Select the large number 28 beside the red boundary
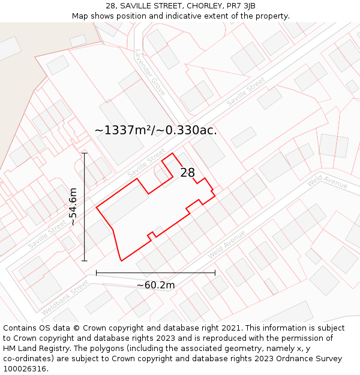(x=188, y=173)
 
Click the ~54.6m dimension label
(x=73, y=206)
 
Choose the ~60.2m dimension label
(x=155, y=285)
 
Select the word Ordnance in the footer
(x=278, y=359)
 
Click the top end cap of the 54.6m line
(x=85, y=153)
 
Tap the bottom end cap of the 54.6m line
(x=85, y=261)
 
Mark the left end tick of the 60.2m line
(x=96, y=273)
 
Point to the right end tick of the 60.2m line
(x=215, y=273)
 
